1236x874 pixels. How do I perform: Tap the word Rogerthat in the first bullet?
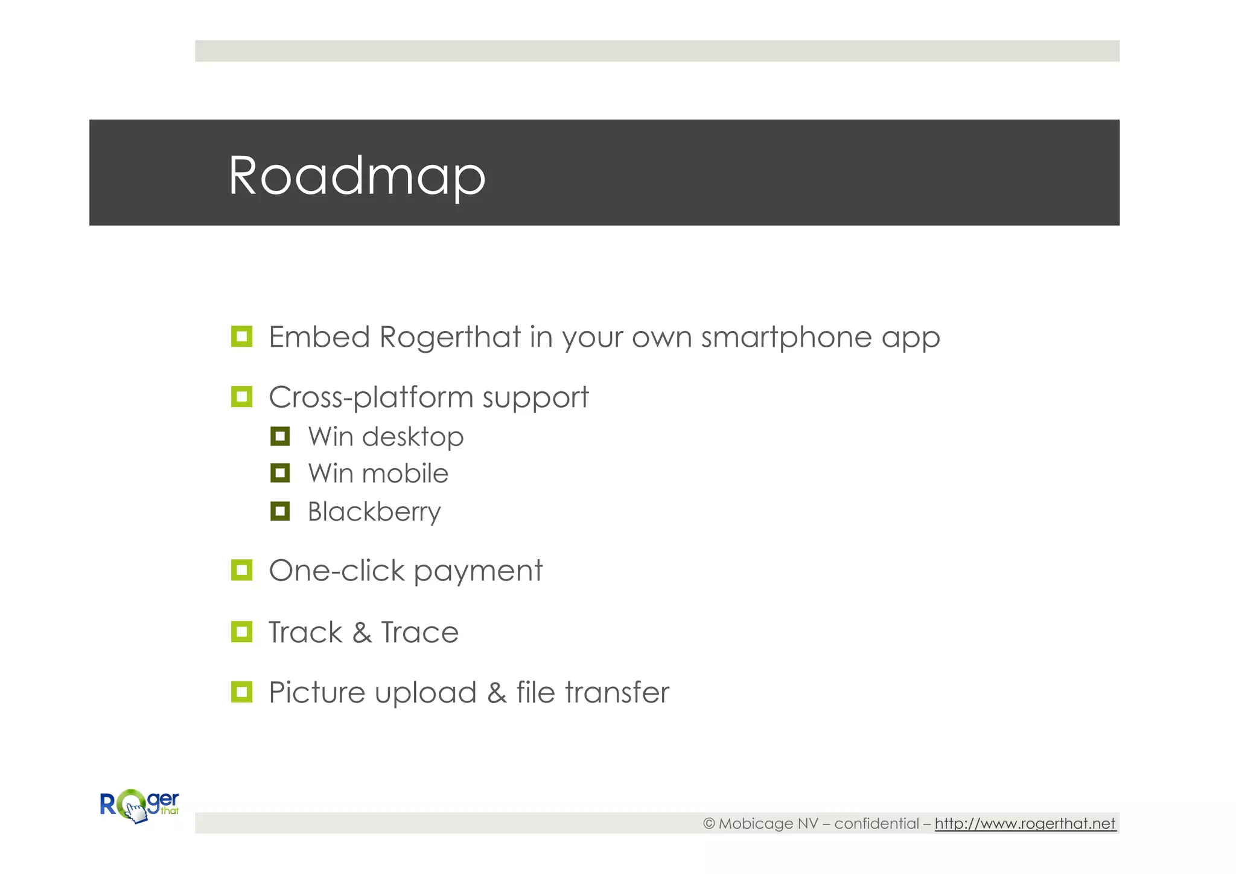click(x=450, y=337)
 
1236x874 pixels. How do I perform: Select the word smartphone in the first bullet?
click(x=786, y=337)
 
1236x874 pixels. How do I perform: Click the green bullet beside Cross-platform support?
click(x=241, y=397)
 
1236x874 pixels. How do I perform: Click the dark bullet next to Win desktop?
click(x=280, y=436)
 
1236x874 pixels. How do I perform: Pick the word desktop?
click(x=413, y=437)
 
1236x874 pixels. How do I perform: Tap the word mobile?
click(x=405, y=474)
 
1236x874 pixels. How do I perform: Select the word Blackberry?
click(x=374, y=512)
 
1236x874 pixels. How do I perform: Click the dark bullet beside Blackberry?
click(x=280, y=511)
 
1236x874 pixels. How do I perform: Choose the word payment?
click(x=478, y=571)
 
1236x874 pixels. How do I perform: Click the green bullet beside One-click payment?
click(x=241, y=570)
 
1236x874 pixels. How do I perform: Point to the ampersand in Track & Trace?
click(x=362, y=632)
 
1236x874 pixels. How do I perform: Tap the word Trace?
click(x=420, y=632)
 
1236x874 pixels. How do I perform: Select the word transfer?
click(x=617, y=692)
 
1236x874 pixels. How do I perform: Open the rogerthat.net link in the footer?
click(x=1025, y=823)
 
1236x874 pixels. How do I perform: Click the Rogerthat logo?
click(x=139, y=806)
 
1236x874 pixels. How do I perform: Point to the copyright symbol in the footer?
click(x=709, y=823)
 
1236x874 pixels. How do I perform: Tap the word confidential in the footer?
click(x=876, y=823)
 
